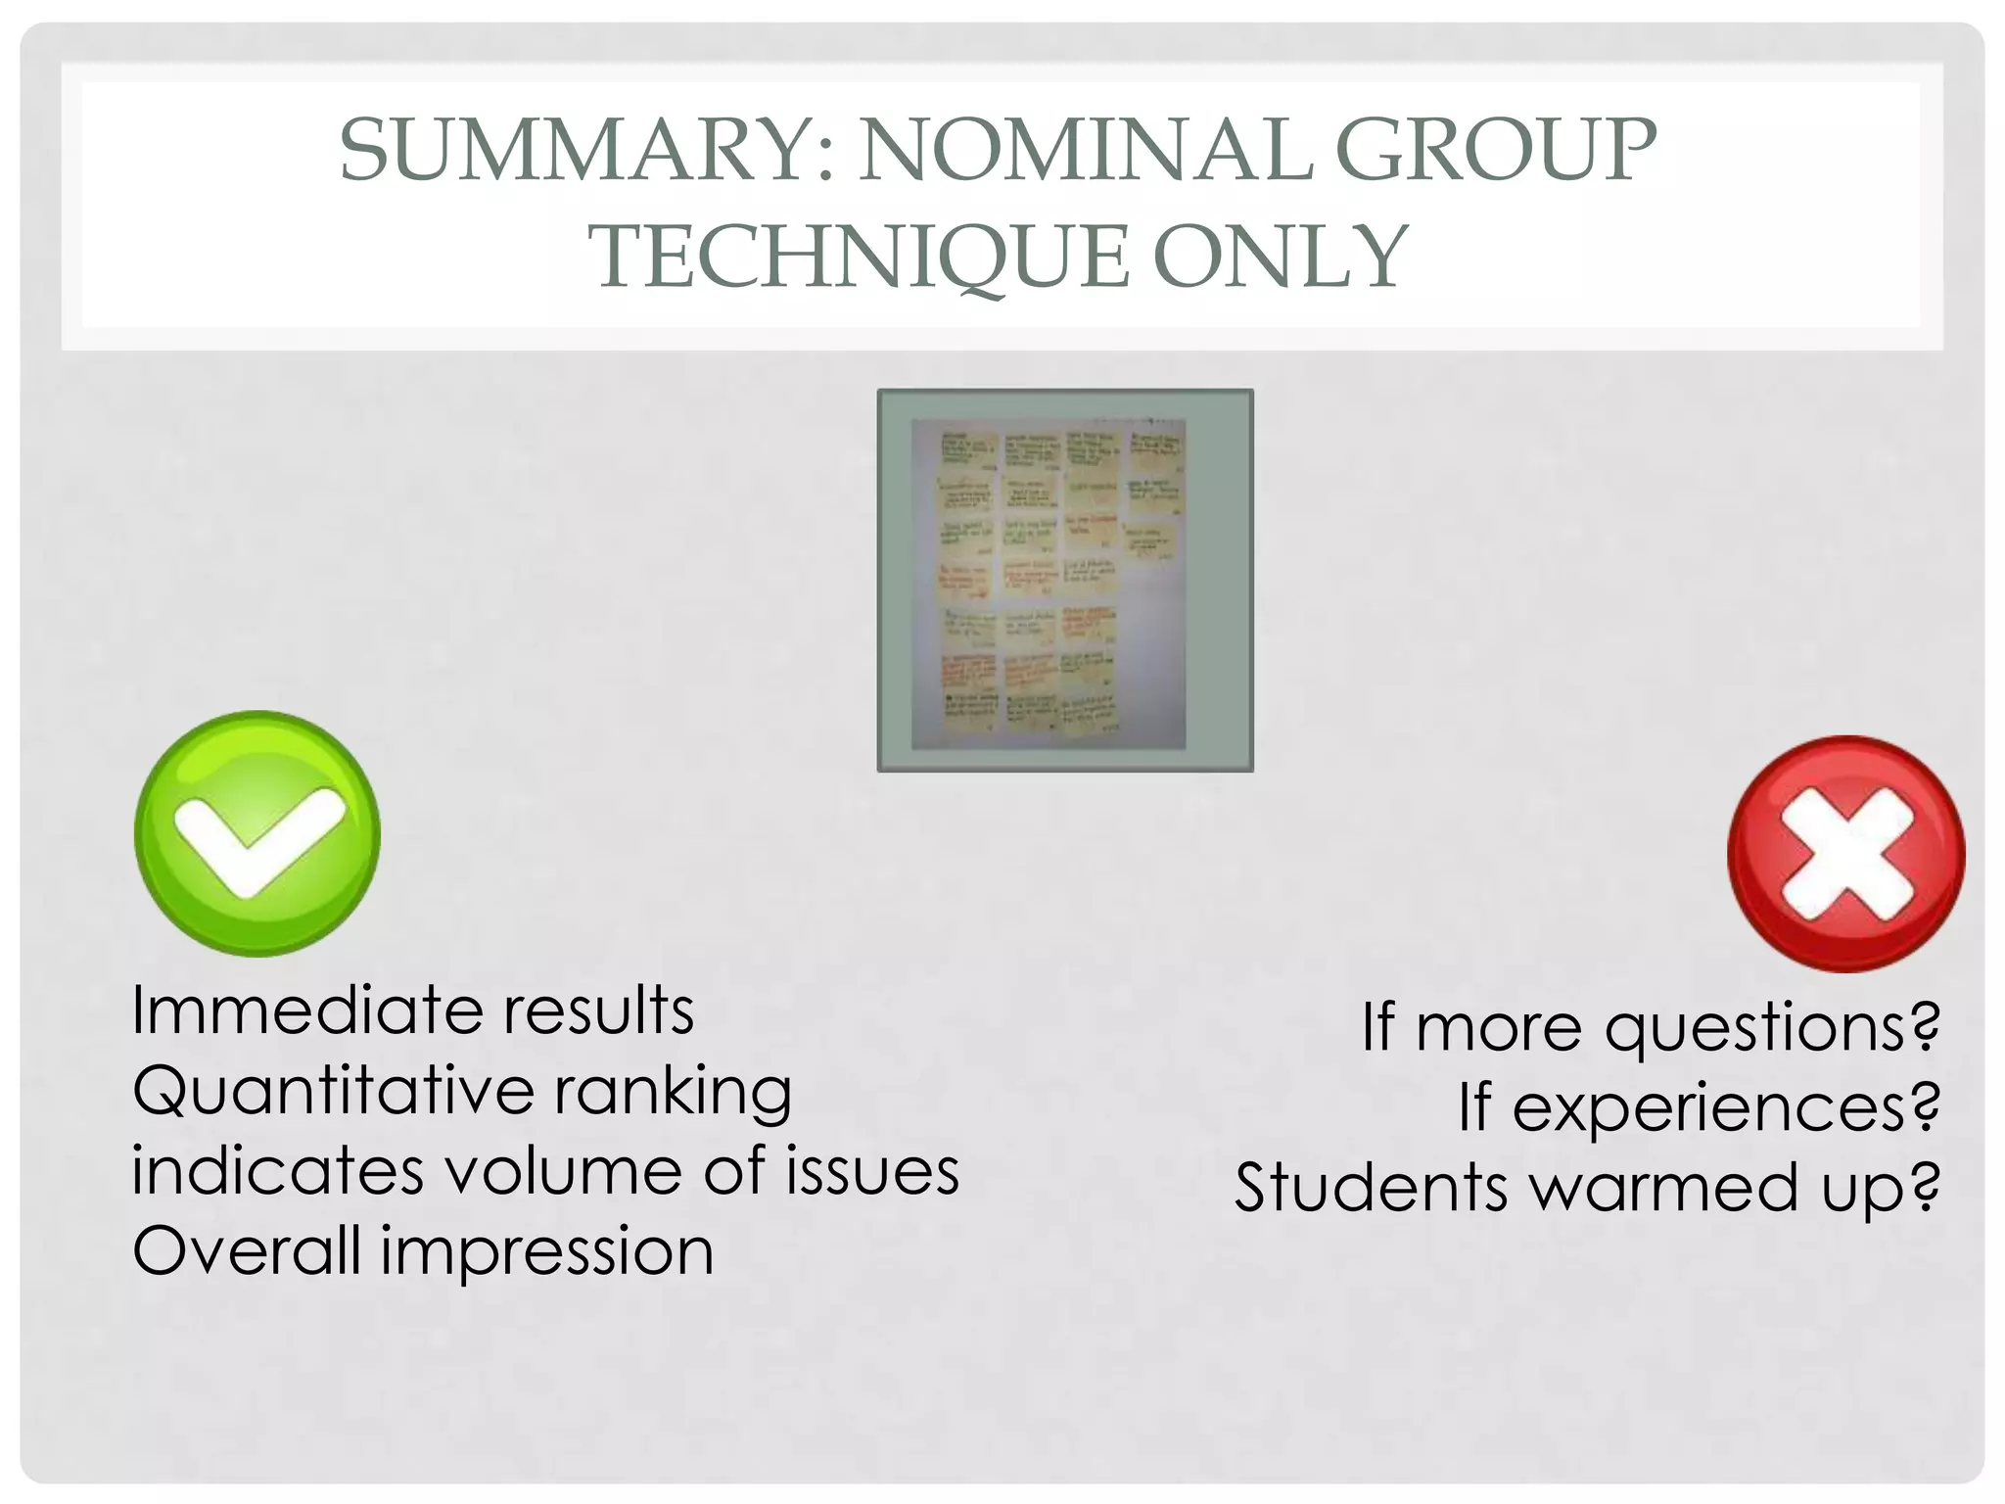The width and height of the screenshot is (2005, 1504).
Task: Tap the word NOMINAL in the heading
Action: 1084,152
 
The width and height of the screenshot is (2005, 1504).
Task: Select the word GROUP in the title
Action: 1495,152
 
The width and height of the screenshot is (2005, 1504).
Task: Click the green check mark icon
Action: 257,833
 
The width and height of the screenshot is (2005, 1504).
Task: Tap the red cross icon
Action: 1845,854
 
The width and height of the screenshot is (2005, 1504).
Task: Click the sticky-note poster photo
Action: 1064,581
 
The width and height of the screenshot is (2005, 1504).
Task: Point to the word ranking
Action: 673,1093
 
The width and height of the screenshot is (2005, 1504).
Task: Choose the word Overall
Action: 247,1251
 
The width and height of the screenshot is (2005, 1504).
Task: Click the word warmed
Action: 1663,1189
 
